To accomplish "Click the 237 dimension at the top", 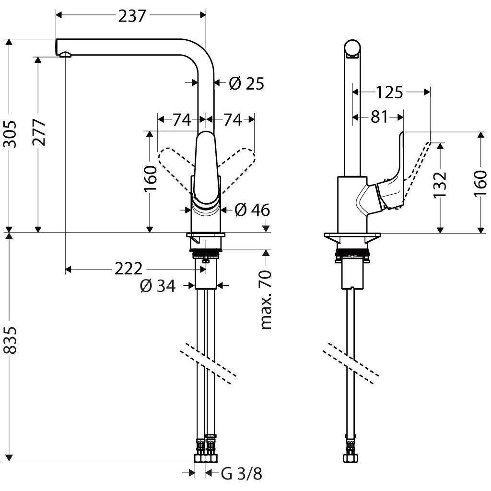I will coord(131,16).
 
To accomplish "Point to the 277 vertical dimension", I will coord(40,132).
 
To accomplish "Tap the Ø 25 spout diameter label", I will coord(246,83).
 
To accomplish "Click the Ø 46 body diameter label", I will coord(252,210).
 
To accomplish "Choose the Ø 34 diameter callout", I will coord(157,286).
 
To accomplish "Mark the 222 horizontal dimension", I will coord(128,269).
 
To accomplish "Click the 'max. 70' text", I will coord(266,300).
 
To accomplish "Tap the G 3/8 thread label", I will coord(242,474).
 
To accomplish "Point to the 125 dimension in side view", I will coord(389,92).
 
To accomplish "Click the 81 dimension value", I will coord(379,117).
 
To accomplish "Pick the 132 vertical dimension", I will coord(440,184).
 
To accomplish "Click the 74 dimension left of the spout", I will coord(181,120).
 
